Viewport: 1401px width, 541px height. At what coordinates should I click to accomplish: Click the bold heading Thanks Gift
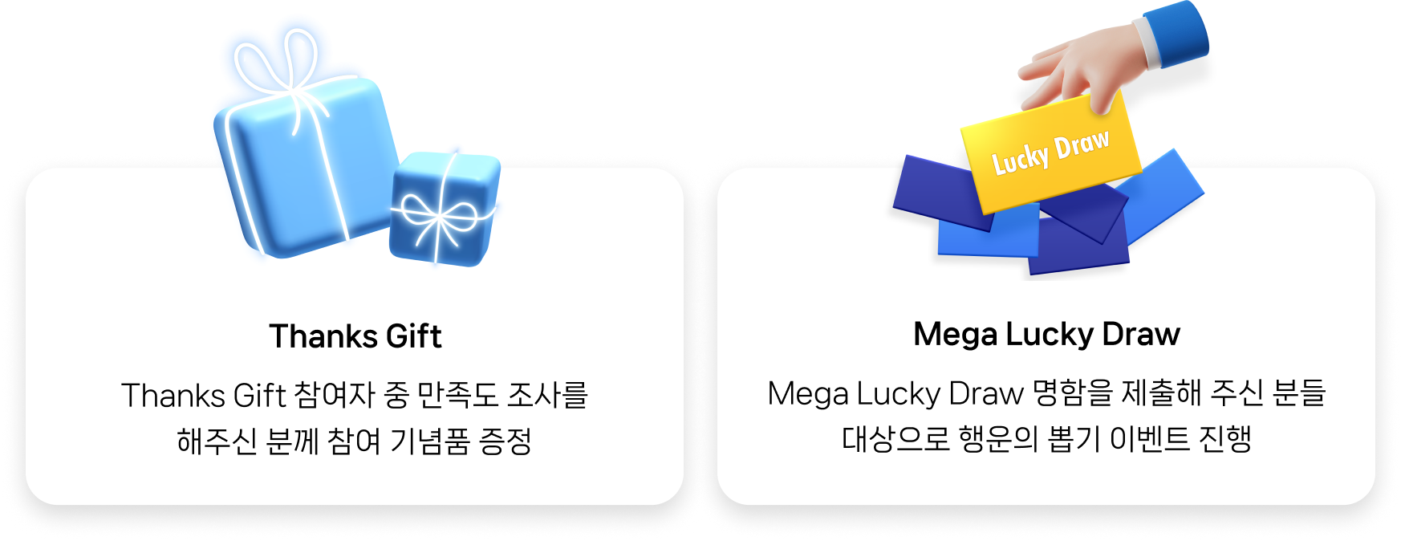click(355, 336)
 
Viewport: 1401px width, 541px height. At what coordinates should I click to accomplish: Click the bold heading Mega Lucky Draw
click(1046, 334)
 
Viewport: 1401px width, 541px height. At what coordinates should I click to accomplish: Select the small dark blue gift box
click(444, 210)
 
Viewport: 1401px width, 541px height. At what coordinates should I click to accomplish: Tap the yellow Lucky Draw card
click(1050, 153)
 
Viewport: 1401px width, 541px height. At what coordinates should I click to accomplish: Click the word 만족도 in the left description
click(456, 395)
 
